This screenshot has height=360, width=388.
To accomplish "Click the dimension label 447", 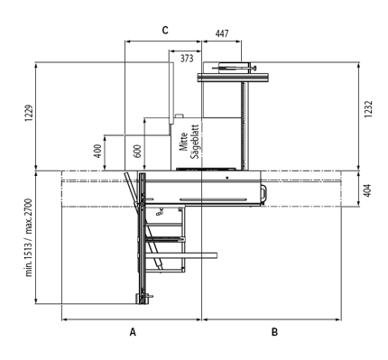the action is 222,33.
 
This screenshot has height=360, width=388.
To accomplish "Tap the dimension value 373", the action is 187,59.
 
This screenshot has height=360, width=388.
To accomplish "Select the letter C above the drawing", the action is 165,31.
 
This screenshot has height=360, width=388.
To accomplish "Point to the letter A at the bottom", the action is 133,332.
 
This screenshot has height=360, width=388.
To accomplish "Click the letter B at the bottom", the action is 274,332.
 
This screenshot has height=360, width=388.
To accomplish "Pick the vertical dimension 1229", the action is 28,113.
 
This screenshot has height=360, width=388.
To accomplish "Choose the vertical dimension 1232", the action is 368,109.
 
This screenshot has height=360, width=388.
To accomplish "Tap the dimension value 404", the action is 367,190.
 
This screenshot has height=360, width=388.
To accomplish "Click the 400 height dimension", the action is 97,152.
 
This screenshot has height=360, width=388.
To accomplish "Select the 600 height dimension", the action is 137,152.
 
